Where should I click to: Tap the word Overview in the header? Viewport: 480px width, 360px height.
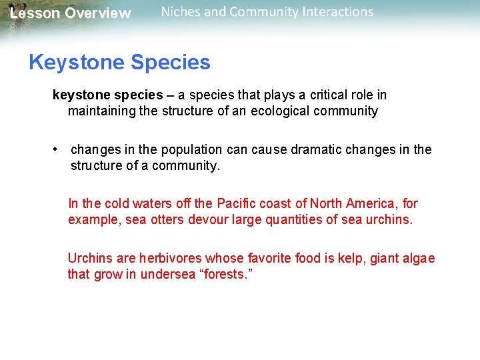click(x=98, y=13)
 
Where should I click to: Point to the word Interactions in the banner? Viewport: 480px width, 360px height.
click(x=335, y=12)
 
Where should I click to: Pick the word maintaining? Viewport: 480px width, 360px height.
click(x=102, y=111)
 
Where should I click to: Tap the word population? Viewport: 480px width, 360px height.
click(x=183, y=150)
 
